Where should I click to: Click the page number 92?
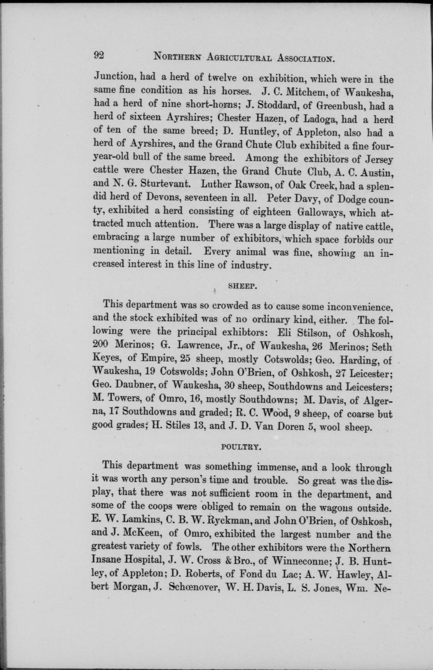click(100, 55)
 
